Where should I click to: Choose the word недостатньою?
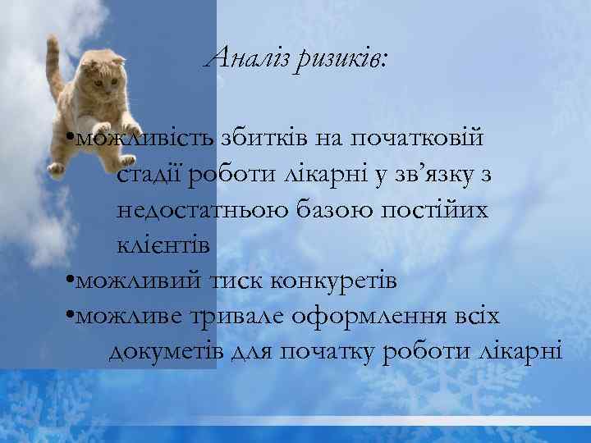click(202, 210)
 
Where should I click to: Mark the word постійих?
click(435, 210)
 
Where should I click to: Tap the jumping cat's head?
click(106, 75)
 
